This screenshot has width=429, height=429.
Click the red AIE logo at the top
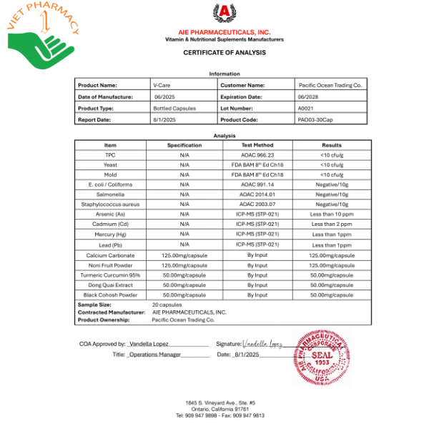(224, 14)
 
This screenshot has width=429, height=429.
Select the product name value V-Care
(162, 85)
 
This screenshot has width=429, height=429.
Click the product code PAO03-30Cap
(316, 119)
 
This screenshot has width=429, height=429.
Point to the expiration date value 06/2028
(308, 97)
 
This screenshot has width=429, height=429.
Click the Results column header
(332, 145)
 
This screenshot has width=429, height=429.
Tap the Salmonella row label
(110, 194)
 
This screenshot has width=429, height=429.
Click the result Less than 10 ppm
(332, 214)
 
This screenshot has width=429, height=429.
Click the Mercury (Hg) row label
(110, 234)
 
